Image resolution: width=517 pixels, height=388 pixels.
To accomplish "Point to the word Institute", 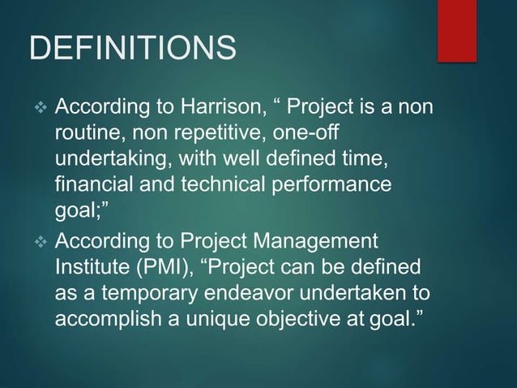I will [94, 266].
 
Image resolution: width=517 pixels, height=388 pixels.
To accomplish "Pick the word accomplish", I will [111, 317].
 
